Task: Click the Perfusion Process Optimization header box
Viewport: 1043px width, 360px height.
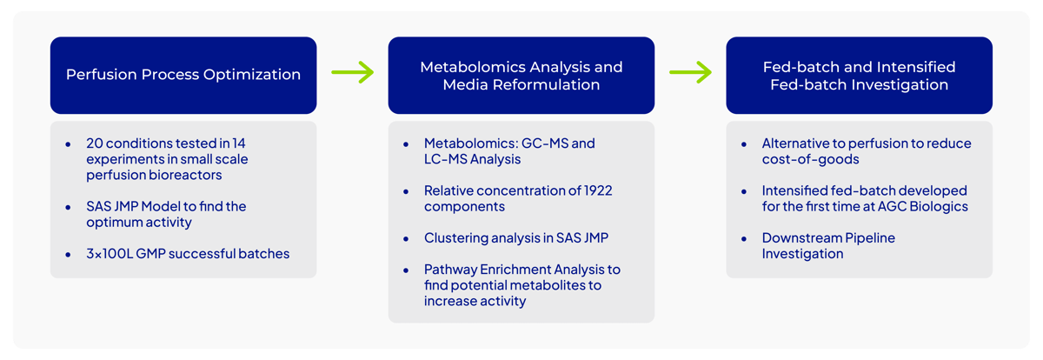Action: coord(183,76)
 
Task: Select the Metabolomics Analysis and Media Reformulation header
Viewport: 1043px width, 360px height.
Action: coord(521,76)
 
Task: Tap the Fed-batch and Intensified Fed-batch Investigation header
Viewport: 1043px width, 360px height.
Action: coord(859,76)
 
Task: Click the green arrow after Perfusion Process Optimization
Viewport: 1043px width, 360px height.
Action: coord(353,72)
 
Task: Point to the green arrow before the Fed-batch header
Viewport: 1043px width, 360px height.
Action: coord(690,72)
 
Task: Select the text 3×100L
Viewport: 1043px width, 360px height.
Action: coord(110,254)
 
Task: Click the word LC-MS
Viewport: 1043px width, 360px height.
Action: coord(445,159)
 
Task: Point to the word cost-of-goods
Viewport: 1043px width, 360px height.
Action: coord(811,159)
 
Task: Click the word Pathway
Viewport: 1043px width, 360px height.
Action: coord(450,270)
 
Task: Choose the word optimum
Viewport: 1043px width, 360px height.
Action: coord(111,223)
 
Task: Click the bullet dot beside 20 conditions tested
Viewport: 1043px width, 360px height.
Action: coord(68,144)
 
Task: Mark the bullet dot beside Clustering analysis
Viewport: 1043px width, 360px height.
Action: coord(406,239)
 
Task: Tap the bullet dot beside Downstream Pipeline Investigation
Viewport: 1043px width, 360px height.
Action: coord(744,239)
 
